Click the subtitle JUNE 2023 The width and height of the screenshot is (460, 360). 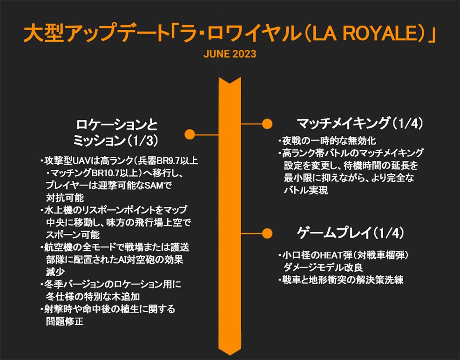pos(230,54)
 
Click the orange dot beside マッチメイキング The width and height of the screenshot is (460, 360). pos(267,124)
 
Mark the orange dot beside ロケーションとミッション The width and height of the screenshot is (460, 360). pos(189,134)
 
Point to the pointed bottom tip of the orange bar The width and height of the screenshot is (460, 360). pos(230,352)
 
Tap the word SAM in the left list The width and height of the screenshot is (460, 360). pos(157,185)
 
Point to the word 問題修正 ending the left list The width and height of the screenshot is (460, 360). pos(65,321)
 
